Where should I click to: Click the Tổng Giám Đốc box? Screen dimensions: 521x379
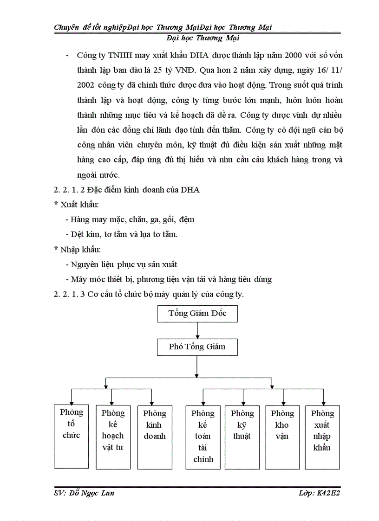coord(197,314)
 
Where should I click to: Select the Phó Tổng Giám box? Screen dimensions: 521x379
coord(197,347)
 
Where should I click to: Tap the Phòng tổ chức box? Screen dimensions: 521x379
coord(71,436)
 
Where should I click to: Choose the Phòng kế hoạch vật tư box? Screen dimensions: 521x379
coord(113,437)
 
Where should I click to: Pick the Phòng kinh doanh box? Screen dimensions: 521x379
coord(154,437)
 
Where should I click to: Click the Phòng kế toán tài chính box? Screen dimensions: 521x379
coord(203,437)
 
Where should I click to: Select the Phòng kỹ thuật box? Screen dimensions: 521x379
coord(242,437)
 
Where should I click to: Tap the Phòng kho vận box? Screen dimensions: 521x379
coord(282,437)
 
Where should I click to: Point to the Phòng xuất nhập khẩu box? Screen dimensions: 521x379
coord(322,437)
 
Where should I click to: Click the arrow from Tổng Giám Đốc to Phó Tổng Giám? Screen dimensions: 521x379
coord(197,330)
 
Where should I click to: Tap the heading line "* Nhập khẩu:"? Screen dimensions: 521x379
coord(78,250)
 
